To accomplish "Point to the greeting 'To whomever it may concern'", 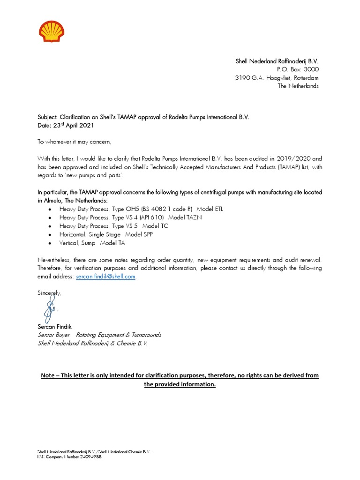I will (75, 142).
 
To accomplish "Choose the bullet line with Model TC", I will (113, 226).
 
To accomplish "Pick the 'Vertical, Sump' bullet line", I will (92, 243).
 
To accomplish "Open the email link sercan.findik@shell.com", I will (105, 277).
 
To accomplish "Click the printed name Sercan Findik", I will (55, 326).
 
